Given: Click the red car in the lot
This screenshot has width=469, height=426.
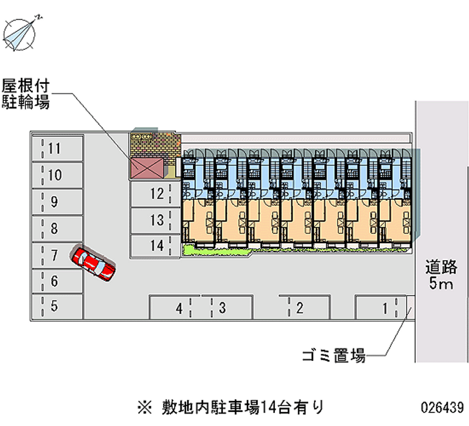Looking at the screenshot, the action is point(94,263).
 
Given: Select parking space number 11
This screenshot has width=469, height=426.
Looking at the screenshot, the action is point(56,148).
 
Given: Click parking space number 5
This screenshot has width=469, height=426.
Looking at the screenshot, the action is point(56,305).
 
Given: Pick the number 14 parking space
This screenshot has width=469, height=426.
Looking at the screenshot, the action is point(152,246).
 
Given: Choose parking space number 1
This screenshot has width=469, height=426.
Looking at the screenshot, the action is point(381,307).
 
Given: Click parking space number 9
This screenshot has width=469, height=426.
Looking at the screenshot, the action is point(56,202).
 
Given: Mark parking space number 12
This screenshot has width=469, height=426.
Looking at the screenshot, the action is point(152,194).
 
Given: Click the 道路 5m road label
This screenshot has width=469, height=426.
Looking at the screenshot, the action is point(441,275).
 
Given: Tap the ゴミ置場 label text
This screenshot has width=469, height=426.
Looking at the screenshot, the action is point(334,355).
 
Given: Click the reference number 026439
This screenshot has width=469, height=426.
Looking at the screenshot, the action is point(441,406).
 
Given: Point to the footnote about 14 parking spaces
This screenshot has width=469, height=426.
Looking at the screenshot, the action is point(229,405).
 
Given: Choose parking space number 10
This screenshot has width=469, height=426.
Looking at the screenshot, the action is point(56,175).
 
